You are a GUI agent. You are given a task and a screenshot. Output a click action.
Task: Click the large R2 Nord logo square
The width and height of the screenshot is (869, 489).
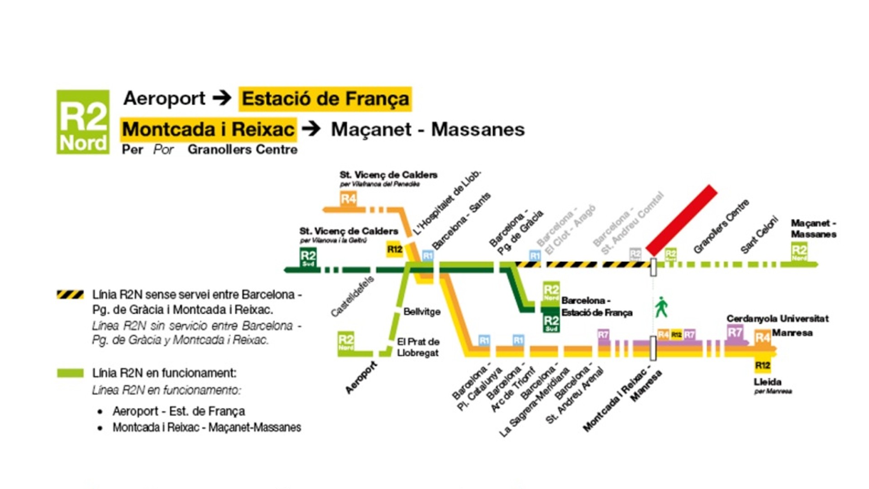[83, 122]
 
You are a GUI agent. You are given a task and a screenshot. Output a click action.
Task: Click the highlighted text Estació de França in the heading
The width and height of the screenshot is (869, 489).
[325, 99]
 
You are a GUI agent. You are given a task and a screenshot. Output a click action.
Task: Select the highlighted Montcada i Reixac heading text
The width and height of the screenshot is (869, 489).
[209, 129]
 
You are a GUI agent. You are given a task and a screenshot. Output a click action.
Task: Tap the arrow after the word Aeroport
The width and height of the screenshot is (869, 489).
[222, 98]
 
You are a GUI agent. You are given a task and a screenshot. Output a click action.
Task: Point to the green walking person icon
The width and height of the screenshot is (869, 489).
[661, 307]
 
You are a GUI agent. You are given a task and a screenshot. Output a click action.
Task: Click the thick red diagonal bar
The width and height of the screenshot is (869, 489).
[682, 220]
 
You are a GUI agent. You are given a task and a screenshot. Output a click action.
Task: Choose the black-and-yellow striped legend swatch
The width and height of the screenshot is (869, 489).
[70, 295]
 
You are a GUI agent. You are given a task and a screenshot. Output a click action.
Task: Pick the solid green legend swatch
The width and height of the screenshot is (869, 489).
[70, 373]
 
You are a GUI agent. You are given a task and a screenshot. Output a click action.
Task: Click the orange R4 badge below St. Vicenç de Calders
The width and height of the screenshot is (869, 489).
[348, 198]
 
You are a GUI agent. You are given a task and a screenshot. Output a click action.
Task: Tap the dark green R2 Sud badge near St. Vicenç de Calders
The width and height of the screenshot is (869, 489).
[308, 257]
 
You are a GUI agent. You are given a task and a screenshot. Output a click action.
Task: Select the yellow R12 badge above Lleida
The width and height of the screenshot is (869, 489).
[763, 365]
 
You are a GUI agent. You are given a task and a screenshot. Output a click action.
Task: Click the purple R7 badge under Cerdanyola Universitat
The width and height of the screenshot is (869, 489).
[735, 333]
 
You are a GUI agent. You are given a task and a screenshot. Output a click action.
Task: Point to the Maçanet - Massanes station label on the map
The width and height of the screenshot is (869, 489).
[813, 229]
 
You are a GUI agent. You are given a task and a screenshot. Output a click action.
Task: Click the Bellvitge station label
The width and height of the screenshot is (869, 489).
[422, 312]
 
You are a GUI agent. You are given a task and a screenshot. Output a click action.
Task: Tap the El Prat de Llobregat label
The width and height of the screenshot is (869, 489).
[418, 347]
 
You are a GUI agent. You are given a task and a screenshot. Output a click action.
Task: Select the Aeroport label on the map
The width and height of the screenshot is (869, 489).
[361, 377]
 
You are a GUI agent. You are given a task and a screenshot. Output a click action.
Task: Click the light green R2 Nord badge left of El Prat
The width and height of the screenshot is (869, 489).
[346, 341]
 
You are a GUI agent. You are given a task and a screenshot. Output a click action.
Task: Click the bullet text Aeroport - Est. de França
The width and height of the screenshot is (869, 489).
[179, 411]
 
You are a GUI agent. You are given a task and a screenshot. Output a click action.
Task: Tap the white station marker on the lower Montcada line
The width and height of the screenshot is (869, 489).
[653, 348]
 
